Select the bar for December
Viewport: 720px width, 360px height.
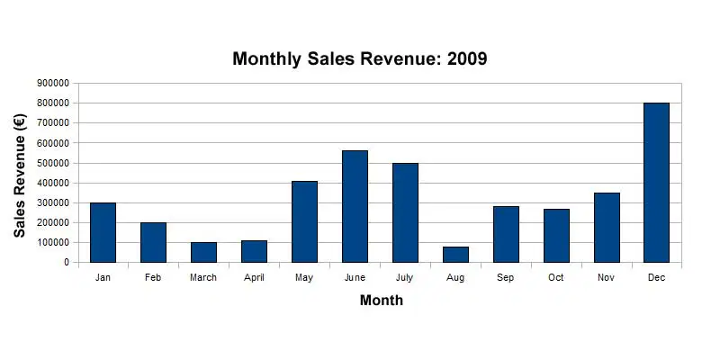coord(656,183)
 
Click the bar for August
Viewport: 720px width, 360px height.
coord(455,255)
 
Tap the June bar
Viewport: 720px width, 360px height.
coord(355,207)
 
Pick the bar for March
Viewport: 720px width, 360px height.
coord(204,253)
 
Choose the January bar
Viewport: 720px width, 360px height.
coord(103,233)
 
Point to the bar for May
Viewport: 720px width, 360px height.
coord(304,221)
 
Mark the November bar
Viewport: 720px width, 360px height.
coord(607,228)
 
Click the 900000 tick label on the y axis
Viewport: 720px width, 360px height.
coord(54,84)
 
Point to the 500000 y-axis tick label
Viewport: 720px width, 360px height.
coord(54,163)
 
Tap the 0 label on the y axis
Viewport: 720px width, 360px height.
coord(66,262)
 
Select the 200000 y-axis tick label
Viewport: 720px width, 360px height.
coord(54,222)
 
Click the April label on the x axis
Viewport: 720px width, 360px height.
coord(254,278)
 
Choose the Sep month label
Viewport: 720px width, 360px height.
coord(506,277)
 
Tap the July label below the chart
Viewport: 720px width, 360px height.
coord(404,278)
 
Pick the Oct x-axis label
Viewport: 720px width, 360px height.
coord(556,277)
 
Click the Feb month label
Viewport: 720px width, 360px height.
coord(153,277)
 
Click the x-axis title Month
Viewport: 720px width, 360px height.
coord(382,300)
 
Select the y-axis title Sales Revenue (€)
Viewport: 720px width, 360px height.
coord(20,175)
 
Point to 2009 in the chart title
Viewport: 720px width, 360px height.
coord(466,58)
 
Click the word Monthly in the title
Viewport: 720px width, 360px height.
coord(267,59)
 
